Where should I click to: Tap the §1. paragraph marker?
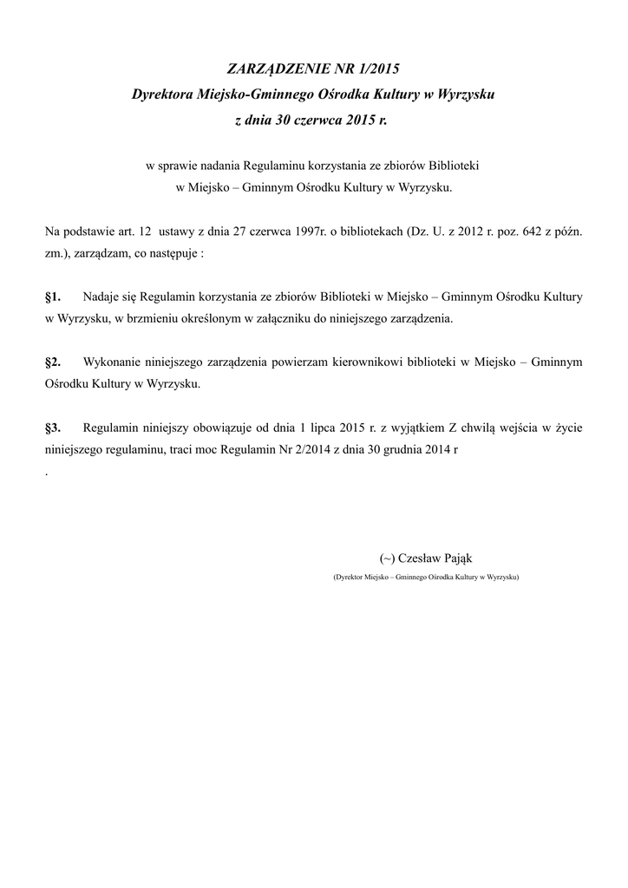pos(53,297)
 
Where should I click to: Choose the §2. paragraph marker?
pos(53,361)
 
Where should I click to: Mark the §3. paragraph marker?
pos(53,428)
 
